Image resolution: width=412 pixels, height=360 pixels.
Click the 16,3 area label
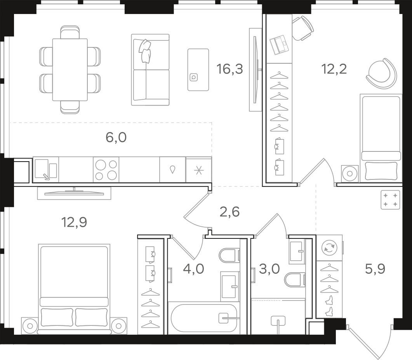click(x=229, y=69)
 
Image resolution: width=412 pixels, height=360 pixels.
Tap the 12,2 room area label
click(x=334, y=69)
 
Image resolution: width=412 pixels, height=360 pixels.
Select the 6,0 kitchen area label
click(x=116, y=137)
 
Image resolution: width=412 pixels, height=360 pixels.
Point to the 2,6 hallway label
click(x=229, y=212)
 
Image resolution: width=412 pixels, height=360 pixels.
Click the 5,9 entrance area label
click(x=375, y=269)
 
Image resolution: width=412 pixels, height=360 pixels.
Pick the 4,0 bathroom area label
click(x=194, y=269)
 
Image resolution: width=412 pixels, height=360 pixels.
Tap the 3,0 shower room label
click(x=269, y=269)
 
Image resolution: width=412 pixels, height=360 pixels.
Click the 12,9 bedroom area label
click(x=74, y=222)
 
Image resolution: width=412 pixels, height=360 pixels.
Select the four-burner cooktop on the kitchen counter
click(x=106, y=169)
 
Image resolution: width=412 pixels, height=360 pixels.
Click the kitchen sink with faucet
click(x=46, y=169)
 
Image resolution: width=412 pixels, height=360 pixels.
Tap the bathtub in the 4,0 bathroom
click(x=203, y=318)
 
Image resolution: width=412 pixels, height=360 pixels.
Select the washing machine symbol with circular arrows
click(x=330, y=247)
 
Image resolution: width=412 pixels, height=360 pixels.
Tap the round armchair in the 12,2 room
click(x=381, y=73)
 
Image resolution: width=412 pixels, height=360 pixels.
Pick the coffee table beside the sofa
click(x=198, y=70)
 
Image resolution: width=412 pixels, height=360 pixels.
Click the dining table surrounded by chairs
click(x=70, y=70)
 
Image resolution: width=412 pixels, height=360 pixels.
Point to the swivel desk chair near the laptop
click(x=303, y=28)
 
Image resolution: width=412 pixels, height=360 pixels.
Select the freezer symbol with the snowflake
click(x=199, y=170)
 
